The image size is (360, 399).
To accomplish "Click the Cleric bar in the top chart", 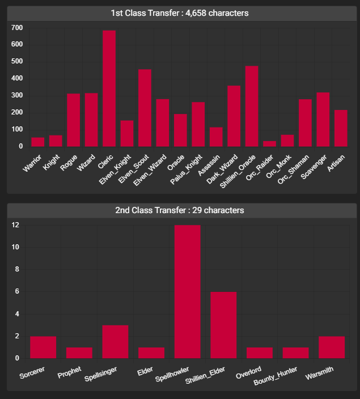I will pos(109,88).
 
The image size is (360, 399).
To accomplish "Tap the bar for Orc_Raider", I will pos(269,143).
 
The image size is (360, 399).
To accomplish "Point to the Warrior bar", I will pos(37,142).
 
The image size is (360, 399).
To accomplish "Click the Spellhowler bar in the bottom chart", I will pos(188,291).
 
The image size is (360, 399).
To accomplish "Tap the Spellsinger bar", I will pos(115,341).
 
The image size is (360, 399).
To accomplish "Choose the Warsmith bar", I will pos(332,347).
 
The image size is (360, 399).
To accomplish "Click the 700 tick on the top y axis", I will pos(17,28).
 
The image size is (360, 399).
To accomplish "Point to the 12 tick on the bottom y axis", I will pos(15,225).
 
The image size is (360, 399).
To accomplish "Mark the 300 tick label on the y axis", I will pos(17,95).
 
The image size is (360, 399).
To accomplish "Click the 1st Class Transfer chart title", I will pos(180,12).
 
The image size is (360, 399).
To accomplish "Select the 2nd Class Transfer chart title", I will pos(180,210).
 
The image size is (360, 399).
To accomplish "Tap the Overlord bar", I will pos(259,353).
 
